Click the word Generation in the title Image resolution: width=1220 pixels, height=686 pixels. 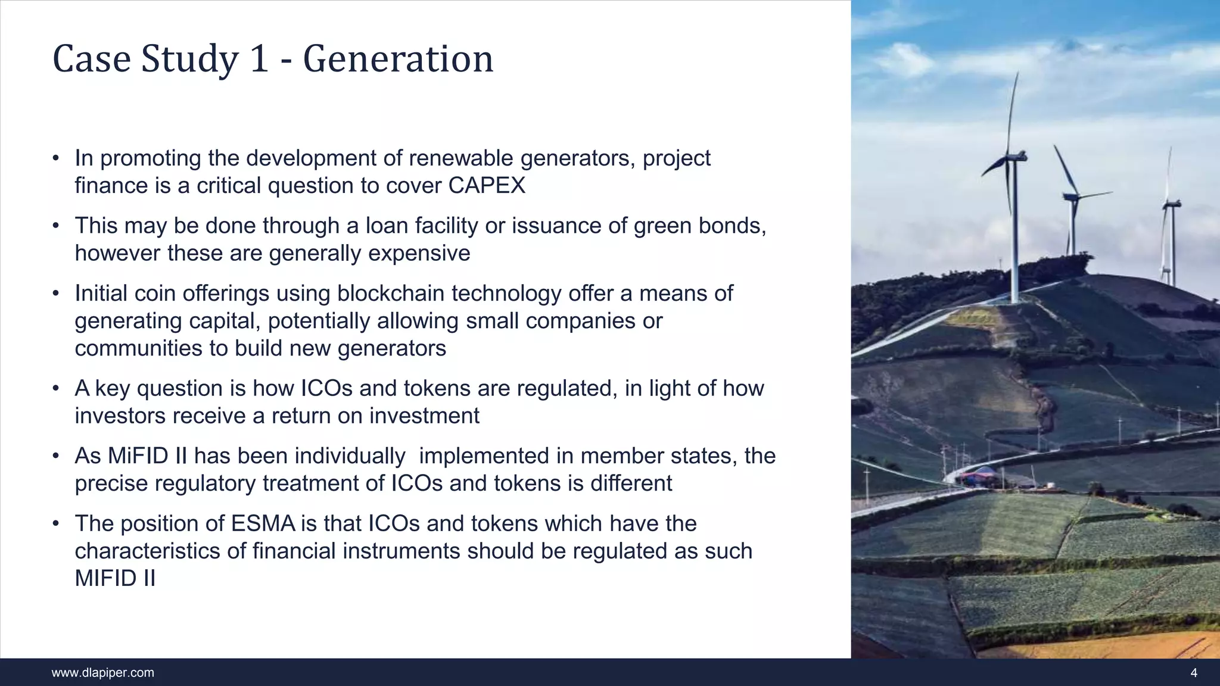(398, 60)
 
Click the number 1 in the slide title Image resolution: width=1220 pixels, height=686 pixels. (258, 60)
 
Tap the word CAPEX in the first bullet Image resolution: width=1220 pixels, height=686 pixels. (487, 186)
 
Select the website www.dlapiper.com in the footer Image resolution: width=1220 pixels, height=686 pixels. (102, 673)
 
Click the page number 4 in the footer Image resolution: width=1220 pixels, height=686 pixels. (1193, 673)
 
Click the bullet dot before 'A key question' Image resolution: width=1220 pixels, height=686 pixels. (55, 388)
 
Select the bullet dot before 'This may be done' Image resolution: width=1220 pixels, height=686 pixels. (55, 226)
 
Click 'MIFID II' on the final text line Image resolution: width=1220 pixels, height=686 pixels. (115, 578)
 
